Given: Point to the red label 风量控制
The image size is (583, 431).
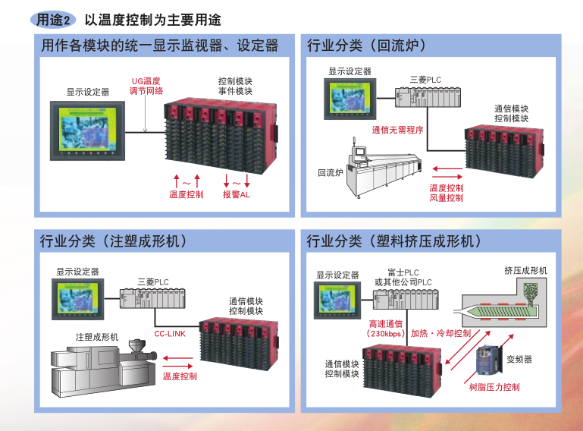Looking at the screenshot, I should tap(446, 198).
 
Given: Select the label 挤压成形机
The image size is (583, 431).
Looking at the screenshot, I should tap(525, 270).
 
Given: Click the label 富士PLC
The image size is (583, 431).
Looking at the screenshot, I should tap(403, 272).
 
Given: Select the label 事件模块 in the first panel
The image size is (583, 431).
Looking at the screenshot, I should tap(235, 91).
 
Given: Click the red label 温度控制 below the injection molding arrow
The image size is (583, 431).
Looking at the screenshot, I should tap(180, 376).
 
